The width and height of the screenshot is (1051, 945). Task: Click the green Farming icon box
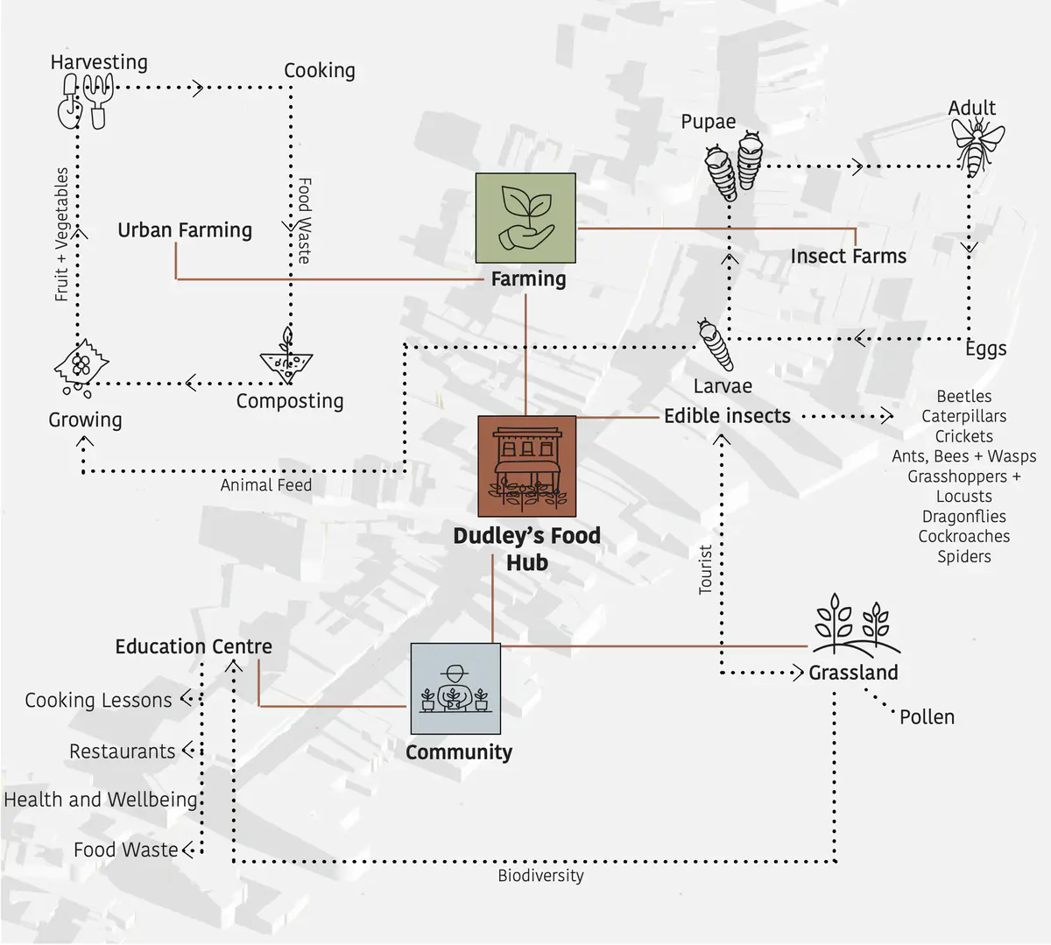pos(525,218)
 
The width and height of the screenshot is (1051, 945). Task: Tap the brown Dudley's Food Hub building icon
pos(526,466)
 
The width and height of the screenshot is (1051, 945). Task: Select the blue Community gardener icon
pos(455,688)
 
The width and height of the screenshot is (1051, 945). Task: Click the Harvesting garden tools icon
pos(86,101)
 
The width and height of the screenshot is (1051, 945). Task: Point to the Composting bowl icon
pos(286,358)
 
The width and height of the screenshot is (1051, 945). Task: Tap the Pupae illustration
pos(735,165)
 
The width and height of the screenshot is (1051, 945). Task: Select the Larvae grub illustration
pos(715,345)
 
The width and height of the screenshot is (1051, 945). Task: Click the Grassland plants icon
pos(854,624)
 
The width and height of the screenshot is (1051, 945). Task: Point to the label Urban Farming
pos(185,230)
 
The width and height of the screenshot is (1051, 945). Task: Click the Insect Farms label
pos(848,257)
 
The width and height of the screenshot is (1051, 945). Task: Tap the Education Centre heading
pos(194,646)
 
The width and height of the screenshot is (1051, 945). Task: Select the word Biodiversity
pos(540,876)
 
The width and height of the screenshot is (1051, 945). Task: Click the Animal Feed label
pos(265,485)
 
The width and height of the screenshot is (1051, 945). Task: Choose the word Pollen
pos(927,717)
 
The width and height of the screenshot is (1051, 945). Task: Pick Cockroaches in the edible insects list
pos(963,536)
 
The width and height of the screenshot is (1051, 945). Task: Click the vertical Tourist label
pos(705,569)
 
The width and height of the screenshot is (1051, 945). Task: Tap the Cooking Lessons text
pos(98,701)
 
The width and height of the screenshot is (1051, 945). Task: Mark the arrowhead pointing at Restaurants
pos(187,751)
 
